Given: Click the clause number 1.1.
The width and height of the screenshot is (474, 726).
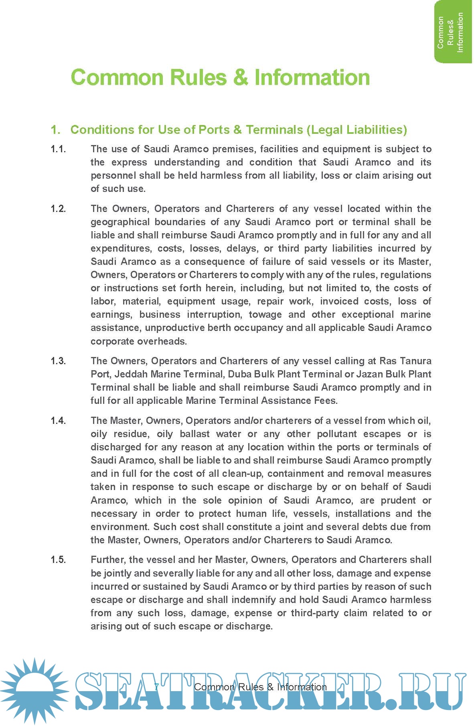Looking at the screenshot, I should tap(58, 149).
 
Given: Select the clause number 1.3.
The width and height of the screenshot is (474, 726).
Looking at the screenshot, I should tap(58, 361).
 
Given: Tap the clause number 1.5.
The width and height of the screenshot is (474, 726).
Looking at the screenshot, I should tap(58, 560).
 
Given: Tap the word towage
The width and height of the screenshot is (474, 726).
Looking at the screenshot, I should tap(265, 315).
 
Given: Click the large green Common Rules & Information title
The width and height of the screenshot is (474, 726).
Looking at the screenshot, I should tap(220, 77).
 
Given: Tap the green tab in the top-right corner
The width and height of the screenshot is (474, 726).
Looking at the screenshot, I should tap(453, 32).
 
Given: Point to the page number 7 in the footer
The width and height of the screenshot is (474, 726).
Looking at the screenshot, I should tap(156, 687).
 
